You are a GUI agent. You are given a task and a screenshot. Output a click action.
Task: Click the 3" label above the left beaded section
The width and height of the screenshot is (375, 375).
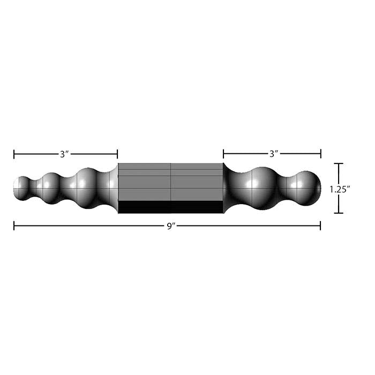coord(65,154)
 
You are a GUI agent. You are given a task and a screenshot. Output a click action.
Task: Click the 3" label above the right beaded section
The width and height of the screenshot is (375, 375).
coord(274,154)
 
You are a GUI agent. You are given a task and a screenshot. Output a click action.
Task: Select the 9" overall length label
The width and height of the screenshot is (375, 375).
coord(171,227)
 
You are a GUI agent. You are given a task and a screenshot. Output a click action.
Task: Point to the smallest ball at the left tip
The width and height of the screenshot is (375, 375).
coord(22,188)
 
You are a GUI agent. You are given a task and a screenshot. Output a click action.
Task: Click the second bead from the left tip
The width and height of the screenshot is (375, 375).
coord(51,188)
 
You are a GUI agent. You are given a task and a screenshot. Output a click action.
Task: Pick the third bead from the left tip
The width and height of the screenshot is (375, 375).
coord(86,188)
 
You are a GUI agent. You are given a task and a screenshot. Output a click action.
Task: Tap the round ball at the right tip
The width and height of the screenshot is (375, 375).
coord(307,188)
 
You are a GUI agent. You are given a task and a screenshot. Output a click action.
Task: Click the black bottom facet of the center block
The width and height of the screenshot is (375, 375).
coord(170,207)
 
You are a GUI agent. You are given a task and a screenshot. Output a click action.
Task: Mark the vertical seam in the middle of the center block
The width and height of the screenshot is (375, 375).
coord(171,182)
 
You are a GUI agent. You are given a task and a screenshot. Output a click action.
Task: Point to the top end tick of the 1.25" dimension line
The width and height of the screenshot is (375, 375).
coord(339,164)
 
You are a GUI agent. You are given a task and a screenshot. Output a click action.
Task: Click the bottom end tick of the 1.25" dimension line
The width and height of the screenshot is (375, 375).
coord(339,213)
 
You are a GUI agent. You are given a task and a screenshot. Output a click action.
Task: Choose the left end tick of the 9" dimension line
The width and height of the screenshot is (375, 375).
coord(14,226)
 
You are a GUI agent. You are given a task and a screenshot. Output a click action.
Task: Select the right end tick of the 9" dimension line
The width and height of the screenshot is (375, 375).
coord(320,226)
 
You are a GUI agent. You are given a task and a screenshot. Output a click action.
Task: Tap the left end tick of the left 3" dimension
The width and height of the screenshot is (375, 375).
coord(14,155)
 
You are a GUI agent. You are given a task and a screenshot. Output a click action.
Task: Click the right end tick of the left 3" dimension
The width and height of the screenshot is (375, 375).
coord(117,155)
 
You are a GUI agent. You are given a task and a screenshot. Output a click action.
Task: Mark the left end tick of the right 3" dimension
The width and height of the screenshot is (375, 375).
coord(223,154)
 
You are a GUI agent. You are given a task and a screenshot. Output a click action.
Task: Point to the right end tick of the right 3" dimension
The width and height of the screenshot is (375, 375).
coord(320,154)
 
